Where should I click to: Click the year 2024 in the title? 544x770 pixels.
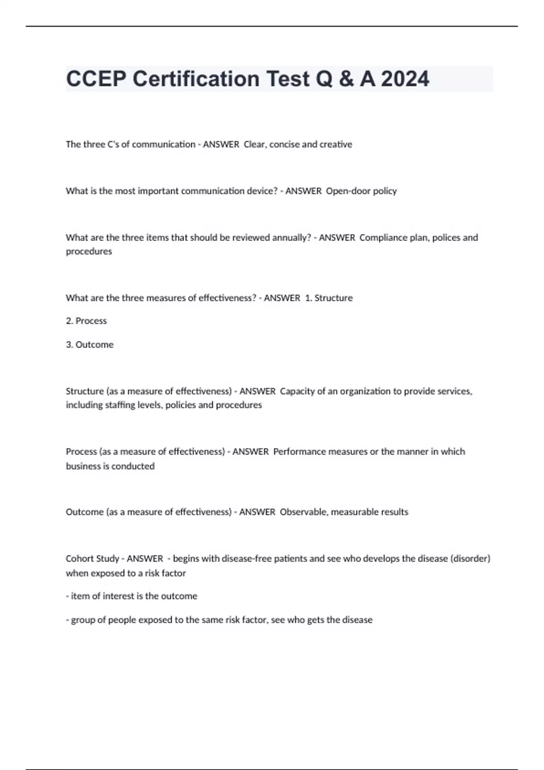point(405,79)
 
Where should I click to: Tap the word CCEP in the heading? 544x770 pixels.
point(96,79)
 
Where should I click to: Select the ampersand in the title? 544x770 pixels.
point(346,79)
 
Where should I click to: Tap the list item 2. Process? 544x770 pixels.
point(86,321)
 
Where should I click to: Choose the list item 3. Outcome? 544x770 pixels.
point(90,345)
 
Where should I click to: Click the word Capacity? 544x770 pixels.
point(297,391)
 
